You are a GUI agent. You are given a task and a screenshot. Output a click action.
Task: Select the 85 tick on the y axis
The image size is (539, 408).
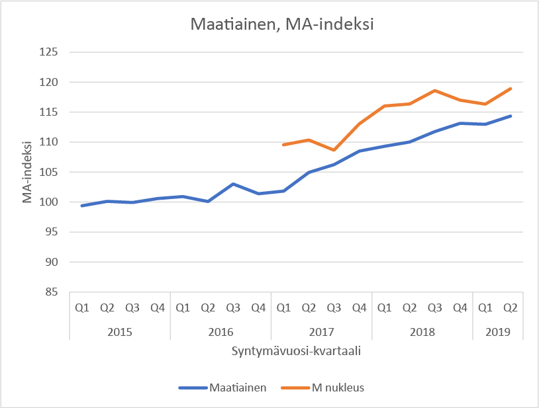pos(53,292)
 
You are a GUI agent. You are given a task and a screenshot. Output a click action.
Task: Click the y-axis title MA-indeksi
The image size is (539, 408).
pos(28,172)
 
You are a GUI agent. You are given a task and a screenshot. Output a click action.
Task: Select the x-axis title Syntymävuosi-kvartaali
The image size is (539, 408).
pos(296,351)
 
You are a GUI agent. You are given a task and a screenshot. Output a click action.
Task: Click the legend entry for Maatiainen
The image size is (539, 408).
pos(222,388)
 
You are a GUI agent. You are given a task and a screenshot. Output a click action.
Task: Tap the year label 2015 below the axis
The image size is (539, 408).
pos(120,331)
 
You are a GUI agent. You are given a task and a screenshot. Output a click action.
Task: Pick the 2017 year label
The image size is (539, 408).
pos(321,331)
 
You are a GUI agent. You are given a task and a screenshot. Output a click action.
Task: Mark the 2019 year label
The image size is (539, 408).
pos(497,331)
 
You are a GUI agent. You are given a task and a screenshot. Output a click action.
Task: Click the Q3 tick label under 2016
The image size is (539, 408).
pos(233,307)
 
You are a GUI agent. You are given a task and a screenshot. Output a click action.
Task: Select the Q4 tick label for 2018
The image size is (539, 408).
pos(460,307)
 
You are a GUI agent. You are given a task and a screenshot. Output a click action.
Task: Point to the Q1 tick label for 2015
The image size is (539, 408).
pos(82,307)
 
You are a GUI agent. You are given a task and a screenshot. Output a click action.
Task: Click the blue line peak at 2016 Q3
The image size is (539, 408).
pos(233,184)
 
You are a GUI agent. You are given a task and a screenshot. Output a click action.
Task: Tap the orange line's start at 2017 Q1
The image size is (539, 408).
pos(283,145)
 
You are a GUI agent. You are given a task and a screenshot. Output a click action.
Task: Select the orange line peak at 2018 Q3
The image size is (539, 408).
pos(434,91)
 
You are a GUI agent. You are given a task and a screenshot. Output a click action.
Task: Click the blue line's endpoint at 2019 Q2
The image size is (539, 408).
pos(511,116)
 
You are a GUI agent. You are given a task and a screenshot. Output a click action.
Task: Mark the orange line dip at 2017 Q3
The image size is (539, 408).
pos(334,150)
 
